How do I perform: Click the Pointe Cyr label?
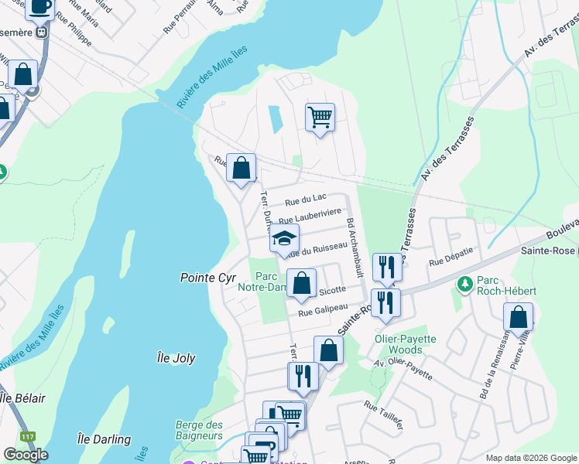pos(206,277)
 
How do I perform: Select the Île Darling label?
pos(104,439)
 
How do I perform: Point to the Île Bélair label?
pos(22,398)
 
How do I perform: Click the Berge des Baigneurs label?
pos(200,430)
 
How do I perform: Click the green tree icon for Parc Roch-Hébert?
pos(464,284)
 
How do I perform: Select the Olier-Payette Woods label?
pos(407,344)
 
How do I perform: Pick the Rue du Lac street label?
pos(305,200)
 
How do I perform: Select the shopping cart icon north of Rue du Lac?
pos(320,118)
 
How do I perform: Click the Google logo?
pos(26,455)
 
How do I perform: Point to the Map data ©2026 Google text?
pos(530,457)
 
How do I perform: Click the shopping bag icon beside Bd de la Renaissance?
pos(518,317)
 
